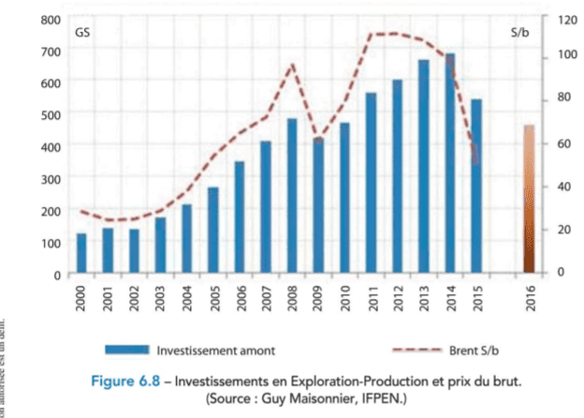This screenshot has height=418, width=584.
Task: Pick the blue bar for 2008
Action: click(292, 196)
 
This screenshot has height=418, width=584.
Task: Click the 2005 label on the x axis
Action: click(213, 295)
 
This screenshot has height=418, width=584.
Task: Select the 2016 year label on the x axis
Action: click(530, 295)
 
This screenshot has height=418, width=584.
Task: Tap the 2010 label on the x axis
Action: click(345, 295)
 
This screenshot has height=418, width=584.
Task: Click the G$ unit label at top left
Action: click(82, 33)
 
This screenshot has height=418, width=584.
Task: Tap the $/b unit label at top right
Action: click(521, 33)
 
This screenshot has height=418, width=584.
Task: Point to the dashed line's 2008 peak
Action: click(292, 64)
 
